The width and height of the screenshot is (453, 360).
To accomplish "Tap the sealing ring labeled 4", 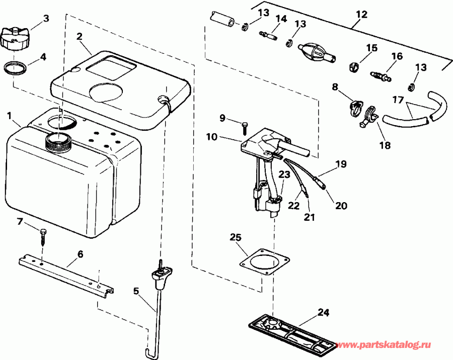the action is [x=16, y=68].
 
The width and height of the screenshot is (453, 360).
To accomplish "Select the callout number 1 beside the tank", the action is [x=10, y=116].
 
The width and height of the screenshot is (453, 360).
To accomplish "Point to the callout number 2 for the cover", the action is [x=79, y=36].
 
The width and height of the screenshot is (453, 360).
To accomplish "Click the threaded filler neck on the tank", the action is [x=59, y=141].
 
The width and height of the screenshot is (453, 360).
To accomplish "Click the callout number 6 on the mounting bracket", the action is [x=81, y=254].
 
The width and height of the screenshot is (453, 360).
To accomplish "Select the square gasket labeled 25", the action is [x=265, y=262].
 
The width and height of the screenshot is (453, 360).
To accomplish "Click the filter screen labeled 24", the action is [x=292, y=336].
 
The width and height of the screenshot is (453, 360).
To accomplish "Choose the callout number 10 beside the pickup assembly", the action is [x=211, y=137].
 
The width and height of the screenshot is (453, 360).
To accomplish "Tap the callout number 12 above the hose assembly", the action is [x=361, y=14].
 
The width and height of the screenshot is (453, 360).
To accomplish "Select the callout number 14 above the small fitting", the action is [x=281, y=19].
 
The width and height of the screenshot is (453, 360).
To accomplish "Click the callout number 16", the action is [x=397, y=56].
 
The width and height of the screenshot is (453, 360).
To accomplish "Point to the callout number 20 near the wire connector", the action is [x=341, y=206].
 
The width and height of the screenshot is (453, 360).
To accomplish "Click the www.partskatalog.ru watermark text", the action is [x=384, y=345].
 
